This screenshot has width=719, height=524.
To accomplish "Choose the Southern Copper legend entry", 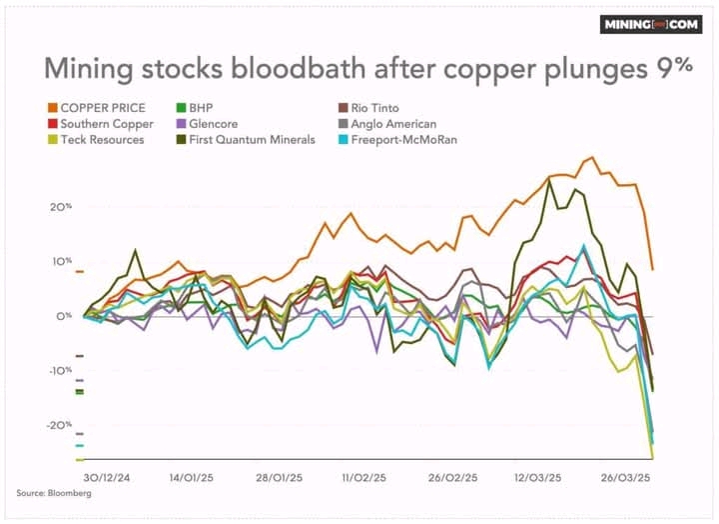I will tap(105, 123).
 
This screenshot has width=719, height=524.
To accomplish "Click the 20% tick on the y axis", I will tap(61, 207).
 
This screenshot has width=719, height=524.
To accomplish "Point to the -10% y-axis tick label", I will tap(60, 370).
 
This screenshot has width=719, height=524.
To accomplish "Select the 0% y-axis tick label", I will tap(64, 316).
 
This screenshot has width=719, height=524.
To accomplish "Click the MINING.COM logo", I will tap(650, 25).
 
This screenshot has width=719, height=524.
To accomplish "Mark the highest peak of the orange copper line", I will tap(593, 157).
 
